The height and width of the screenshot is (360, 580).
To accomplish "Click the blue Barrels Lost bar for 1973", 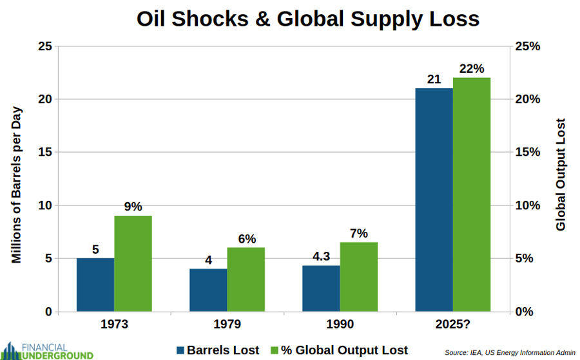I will [x=95, y=285].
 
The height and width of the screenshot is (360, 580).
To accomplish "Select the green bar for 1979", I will [x=246, y=279].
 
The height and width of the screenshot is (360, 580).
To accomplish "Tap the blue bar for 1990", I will [x=321, y=289].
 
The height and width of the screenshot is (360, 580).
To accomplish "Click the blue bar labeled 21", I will [x=434, y=200].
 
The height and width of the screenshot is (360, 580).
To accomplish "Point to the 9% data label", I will [x=133, y=207].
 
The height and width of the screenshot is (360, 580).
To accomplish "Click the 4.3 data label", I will [x=321, y=256].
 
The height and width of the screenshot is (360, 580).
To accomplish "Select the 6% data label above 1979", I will [x=246, y=239].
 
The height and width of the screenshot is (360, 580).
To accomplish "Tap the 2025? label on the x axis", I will [x=452, y=324].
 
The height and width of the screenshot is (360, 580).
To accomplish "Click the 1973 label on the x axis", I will [x=114, y=324].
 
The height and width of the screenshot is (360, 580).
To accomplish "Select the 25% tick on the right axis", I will [x=527, y=46].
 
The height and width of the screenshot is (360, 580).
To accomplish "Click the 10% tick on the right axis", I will [x=527, y=205].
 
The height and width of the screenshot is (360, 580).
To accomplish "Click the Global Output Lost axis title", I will [x=559, y=175].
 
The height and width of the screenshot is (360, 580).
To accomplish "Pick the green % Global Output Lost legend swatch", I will [x=274, y=350].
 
